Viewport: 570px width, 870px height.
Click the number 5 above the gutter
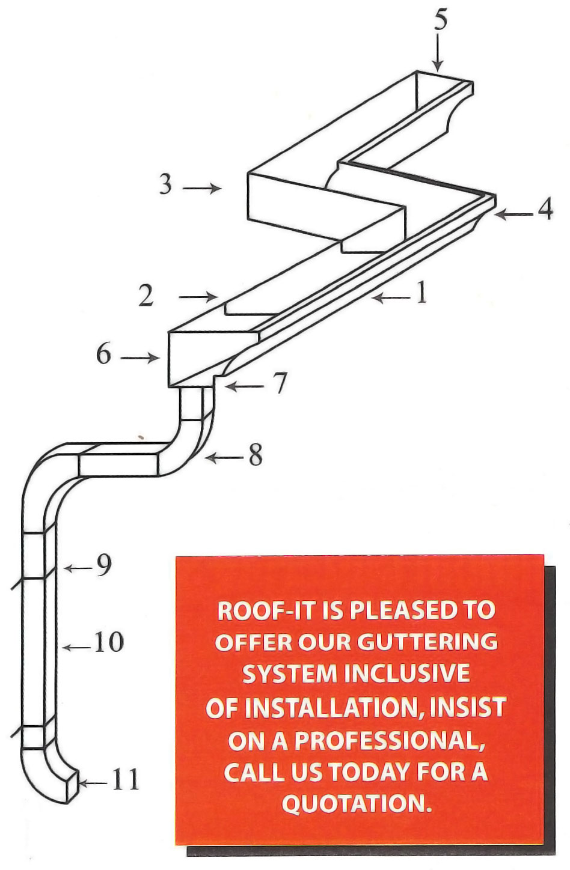(441, 21)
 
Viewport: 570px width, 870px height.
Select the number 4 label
(545, 210)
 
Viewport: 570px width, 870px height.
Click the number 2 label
(146, 296)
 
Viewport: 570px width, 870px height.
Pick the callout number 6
(103, 355)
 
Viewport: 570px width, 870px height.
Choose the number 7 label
(279, 384)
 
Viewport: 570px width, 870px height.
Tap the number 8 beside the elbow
(255, 457)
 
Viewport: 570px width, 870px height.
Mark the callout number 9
(104, 566)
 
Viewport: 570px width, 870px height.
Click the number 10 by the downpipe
(108, 643)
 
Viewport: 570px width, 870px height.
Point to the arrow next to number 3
(201, 189)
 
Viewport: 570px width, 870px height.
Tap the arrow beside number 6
(139, 359)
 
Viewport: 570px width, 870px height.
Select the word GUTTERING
(427, 642)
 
